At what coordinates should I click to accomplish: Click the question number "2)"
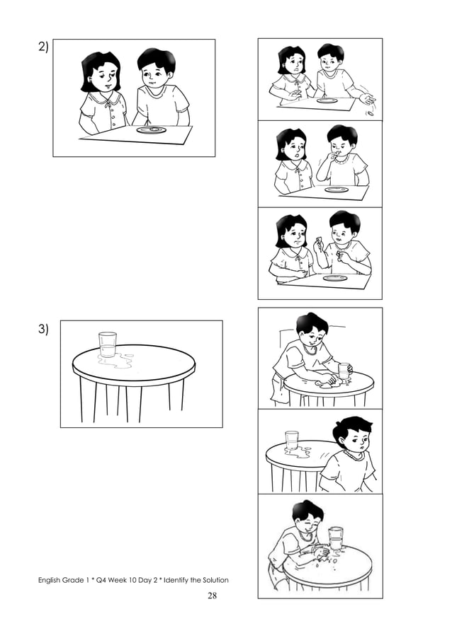(x=43, y=48)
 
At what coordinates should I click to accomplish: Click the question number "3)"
(x=43, y=330)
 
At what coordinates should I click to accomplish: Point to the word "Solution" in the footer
(x=213, y=581)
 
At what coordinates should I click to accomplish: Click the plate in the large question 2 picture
(x=151, y=130)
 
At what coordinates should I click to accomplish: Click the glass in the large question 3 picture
(x=108, y=344)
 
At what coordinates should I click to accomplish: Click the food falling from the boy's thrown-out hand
(x=368, y=111)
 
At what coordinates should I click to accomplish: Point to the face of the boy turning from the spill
(x=352, y=442)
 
